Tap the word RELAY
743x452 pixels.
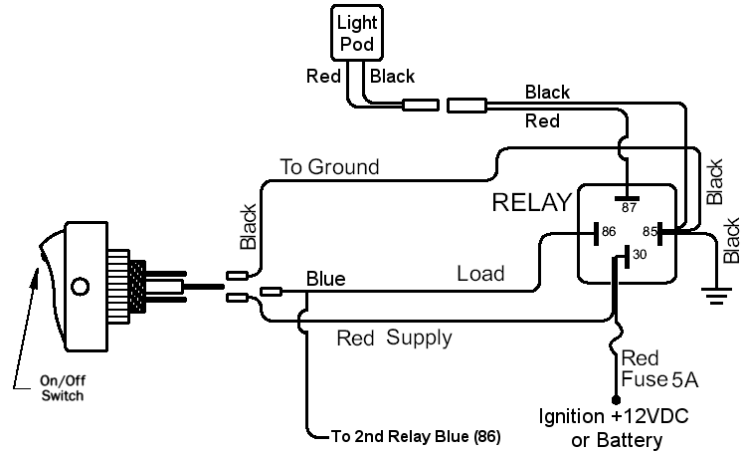[x=533, y=203]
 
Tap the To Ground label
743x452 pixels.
[x=329, y=167]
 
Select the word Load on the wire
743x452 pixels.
[x=480, y=273]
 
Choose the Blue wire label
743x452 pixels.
[x=326, y=279]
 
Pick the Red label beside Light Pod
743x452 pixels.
[x=324, y=76]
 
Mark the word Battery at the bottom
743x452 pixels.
[x=629, y=438]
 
